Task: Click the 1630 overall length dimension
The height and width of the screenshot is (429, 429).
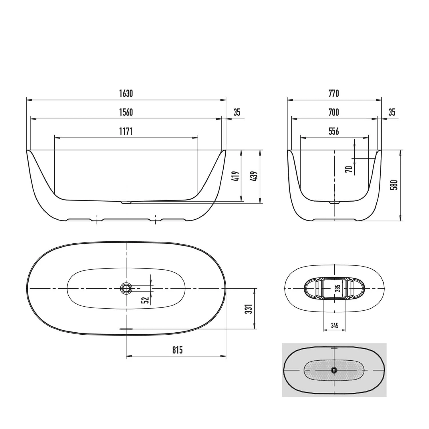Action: click(126, 94)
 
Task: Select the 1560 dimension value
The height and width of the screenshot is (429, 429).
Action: click(126, 112)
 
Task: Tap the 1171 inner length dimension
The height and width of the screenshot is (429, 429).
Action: click(126, 131)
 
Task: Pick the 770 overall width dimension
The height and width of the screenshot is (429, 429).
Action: click(334, 94)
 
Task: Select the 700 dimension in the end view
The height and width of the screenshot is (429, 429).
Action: click(334, 112)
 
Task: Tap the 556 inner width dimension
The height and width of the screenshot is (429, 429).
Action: click(334, 131)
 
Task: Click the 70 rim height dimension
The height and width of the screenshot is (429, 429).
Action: click(348, 169)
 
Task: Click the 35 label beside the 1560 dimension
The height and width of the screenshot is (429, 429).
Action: click(237, 112)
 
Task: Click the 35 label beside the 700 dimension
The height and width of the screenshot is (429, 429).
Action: click(392, 112)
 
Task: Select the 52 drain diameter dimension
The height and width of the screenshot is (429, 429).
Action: click(145, 300)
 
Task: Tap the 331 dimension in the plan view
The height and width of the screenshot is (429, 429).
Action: click(249, 309)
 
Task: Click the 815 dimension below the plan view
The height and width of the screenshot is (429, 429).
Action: click(177, 350)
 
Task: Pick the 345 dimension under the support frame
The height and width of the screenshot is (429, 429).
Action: click(334, 325)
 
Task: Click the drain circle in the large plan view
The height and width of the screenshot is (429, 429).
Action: click(126, 288)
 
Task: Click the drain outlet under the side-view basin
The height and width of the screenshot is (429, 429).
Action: click(126, 202)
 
